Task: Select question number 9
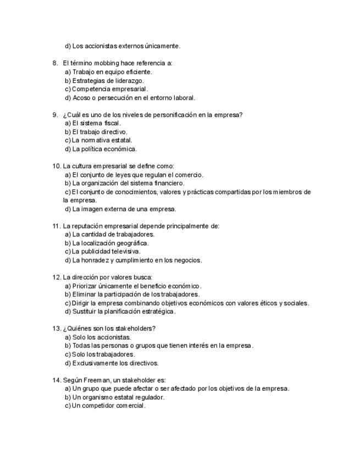coord(55,115)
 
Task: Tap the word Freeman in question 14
coord(96,380)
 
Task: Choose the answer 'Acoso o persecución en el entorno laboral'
coord(134,98)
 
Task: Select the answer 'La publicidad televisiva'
coord(106,252)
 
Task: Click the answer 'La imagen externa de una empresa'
coord(124,209)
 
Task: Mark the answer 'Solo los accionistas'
coord(102,337)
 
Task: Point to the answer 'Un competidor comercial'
coord(108,406)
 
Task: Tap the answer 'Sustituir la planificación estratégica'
coord(124,312)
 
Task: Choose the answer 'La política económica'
coord(104,149)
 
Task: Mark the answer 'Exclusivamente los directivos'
coord(115,363)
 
